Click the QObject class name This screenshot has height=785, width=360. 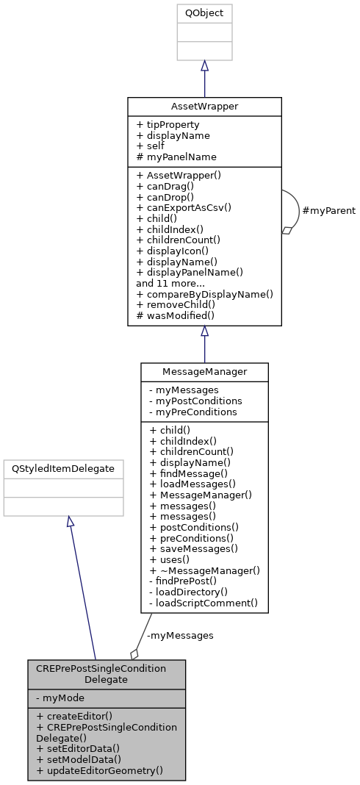(x=204, y=13)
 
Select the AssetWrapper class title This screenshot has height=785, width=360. (x=204, y=106)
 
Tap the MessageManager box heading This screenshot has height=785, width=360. (x=204, y=372)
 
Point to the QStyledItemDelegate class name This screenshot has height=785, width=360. (x=63, y=468)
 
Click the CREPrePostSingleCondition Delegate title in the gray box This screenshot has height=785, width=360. (x=107, y=674)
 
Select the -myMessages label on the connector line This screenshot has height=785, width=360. (x=180, y=635)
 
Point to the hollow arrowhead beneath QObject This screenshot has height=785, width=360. (x=204, y=65)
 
